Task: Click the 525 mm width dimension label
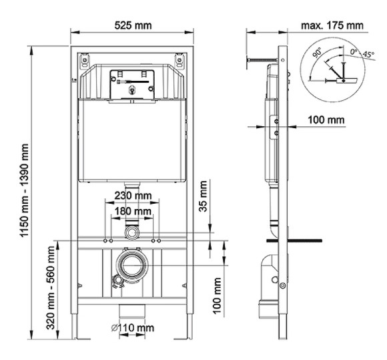point(132,25)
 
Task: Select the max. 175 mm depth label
point(332,25)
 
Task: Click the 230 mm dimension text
point(132,196)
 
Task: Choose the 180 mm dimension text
point(132,212)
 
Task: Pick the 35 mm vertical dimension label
point(204,198)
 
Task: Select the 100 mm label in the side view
point(326,120)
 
